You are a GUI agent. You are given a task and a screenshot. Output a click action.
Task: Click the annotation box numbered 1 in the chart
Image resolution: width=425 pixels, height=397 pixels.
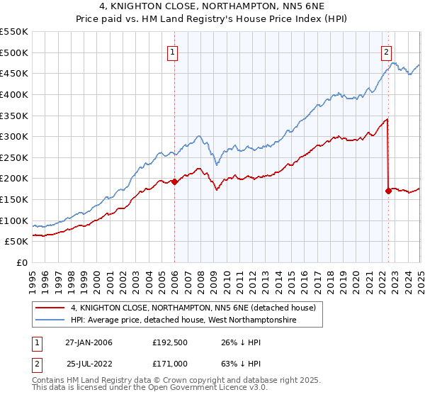click(174, 51)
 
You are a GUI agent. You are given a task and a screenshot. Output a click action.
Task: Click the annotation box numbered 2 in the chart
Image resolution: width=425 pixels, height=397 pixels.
click(387, 51)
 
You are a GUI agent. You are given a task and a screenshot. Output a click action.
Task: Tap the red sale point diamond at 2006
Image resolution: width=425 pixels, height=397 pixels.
click(175, 181)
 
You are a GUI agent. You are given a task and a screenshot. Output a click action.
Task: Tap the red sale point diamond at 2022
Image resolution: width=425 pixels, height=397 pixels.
click(388, 191)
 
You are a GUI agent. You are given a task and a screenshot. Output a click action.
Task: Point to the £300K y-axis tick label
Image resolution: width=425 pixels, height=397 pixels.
click(14, 136)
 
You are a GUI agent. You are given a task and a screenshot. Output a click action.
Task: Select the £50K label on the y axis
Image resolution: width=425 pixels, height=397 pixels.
click(17, 242)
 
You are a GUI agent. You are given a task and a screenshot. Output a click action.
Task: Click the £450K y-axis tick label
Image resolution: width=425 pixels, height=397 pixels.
click(14, 73)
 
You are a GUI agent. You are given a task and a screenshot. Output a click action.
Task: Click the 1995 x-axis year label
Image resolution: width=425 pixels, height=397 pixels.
click(33, 277)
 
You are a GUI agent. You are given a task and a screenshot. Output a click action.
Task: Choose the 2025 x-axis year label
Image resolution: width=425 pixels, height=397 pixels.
click(419, 277)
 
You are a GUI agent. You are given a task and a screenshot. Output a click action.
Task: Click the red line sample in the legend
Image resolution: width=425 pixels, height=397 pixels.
click(50, 308)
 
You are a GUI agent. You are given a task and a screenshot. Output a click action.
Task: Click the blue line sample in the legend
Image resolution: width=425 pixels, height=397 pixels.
click(50, 320)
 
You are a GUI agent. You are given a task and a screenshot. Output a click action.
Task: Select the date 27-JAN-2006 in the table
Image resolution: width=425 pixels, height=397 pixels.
click(89, 342)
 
